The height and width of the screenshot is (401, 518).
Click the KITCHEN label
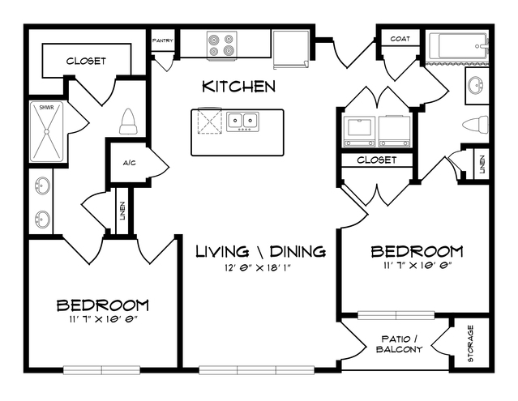click(238, 87)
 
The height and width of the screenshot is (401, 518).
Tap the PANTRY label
click(163, 41)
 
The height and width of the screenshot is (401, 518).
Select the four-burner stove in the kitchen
click(222, 45)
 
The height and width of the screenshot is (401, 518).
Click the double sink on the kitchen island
click(243, 122)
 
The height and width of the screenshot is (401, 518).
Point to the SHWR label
click(46, 108)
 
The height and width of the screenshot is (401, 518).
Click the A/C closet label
click(129, 163)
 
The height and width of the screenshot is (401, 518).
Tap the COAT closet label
click(400, 39)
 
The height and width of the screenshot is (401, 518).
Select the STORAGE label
click(470, 343)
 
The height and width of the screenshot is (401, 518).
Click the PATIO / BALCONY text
click(400, 344)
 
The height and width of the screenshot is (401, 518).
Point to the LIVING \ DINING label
click(261, 251)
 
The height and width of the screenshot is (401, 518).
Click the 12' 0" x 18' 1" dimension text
click(257, 267)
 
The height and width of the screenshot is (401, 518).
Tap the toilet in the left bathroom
click(128, 122)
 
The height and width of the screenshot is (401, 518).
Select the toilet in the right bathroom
click(475, 125)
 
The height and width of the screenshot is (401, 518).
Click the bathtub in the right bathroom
click(457, 46)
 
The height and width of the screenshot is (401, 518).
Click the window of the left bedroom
click(102, 370)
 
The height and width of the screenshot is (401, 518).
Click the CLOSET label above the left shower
click(86, 61)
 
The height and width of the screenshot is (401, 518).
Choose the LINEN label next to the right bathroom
click(482, 164)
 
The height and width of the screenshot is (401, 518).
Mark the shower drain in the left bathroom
click(46, 131)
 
